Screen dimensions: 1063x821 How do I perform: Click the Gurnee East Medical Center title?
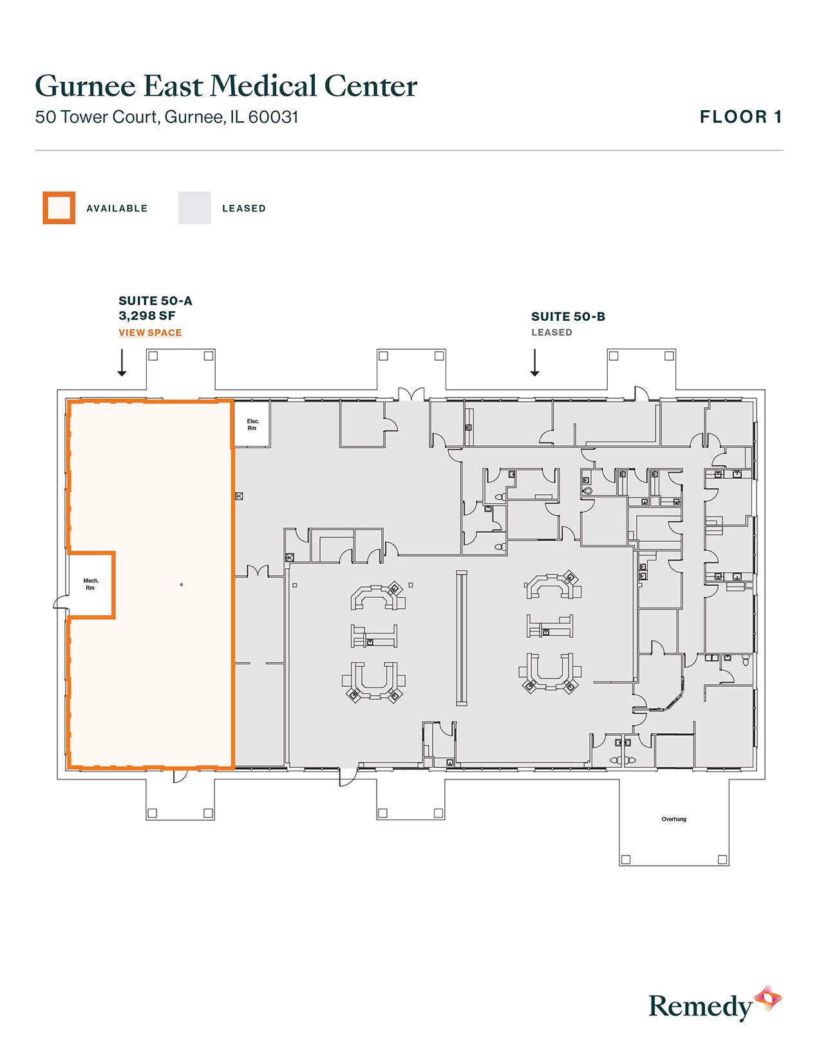tap(226, 86)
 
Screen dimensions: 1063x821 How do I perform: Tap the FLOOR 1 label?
tap(741, 117)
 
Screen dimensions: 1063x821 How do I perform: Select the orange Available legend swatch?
tap(59, 208)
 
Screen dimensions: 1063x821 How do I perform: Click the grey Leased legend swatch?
tap(194, 208)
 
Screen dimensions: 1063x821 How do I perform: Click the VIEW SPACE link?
tap(150, 332)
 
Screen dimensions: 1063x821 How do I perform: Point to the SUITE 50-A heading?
tap(155, 301)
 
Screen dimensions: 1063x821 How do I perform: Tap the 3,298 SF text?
tap(147, 316)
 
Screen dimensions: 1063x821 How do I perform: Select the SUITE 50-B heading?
tap(568, 316)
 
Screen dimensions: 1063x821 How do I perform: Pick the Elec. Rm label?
tap(252, 425)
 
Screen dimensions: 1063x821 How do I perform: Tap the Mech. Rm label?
tap(91, 584)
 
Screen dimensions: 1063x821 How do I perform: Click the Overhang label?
tap(674, 819)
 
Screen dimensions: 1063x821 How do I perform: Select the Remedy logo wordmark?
tap(700, 1006)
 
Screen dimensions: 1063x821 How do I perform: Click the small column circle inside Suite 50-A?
tap(182, 584)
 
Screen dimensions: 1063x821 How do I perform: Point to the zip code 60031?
tap(273, 117)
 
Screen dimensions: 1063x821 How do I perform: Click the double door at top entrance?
tap(411, 394)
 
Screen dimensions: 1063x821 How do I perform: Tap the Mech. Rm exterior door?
tap(61, 603)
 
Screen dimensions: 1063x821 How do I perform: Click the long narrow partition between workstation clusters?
tap(462, 638)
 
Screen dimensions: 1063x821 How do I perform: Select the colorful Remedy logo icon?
tap(768, 999)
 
